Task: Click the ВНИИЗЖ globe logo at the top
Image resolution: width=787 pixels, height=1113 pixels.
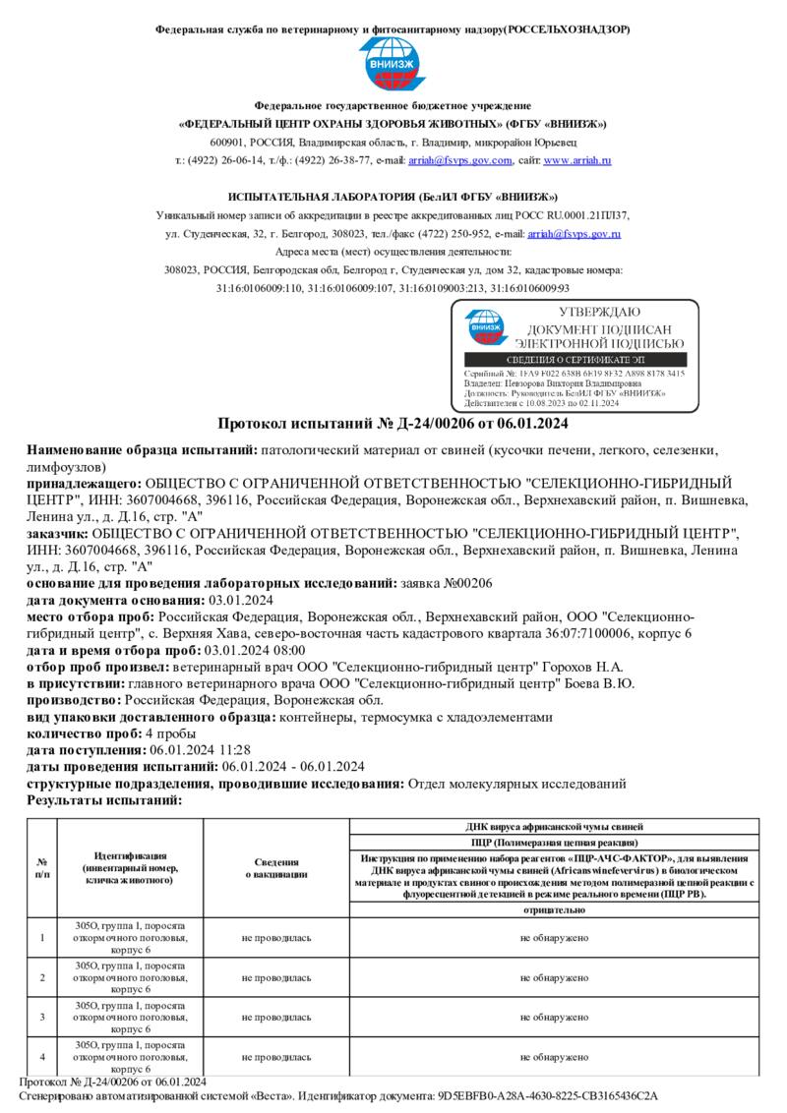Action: click(393, 65)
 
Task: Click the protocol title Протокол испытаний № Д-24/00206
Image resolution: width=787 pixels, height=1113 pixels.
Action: click(393, 424)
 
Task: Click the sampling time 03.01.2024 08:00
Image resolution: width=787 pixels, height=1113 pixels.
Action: click(254, 650)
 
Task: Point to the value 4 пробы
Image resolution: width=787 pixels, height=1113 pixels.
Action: click(162, 733)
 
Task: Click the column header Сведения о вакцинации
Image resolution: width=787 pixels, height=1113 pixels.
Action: click(276, 868)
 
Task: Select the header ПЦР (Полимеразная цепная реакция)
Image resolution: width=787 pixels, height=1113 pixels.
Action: click(554, 843)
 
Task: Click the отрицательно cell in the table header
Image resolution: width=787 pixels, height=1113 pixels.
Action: click(554, 910)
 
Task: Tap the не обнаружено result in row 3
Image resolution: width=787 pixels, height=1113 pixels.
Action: click(554, 1017)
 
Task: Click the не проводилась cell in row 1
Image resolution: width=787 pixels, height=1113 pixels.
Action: click(276, 938)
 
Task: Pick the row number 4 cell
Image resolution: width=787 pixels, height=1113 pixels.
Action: click(41, 1057)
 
